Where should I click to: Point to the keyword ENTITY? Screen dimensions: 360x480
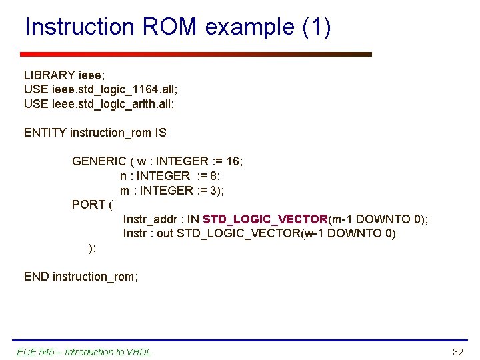(x=45, y=133)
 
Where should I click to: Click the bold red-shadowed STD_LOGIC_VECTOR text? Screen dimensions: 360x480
(x=265, y=219)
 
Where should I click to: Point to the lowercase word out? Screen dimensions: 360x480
(x=165, y=233)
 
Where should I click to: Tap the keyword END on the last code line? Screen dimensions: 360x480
(x=36, y=276)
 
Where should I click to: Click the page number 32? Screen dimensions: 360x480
(x=457, y=352)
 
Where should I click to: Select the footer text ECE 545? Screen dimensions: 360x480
(x=35, y=352)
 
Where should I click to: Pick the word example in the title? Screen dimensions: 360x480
(x=251, y=27)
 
